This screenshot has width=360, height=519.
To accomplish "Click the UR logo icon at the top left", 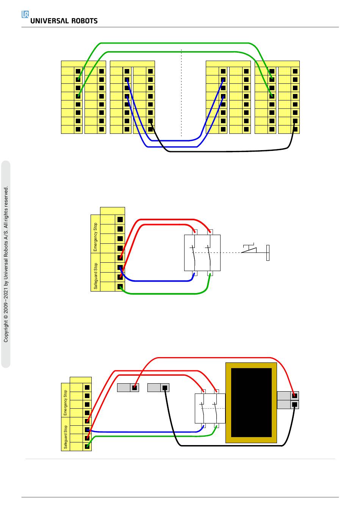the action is click(25, 14).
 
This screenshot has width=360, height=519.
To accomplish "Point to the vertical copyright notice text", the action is click(6, 264).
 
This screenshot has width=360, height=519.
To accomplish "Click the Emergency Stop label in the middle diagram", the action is click(95, 237).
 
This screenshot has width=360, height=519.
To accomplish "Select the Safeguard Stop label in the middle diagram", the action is click(95, 276).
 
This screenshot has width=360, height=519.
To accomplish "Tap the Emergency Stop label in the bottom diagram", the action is click(66, 403).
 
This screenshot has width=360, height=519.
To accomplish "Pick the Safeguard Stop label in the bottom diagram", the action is click(66, 437).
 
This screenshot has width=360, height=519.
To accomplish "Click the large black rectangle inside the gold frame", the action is click(251, 402).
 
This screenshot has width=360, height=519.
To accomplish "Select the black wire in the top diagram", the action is click(227, 151).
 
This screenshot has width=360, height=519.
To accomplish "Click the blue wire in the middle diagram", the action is click(159, 281).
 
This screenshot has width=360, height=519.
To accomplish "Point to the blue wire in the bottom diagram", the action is click(144, 432).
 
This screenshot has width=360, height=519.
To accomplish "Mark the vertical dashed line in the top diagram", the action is click(182, 95).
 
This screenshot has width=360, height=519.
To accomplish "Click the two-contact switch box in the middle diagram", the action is click(202, 252).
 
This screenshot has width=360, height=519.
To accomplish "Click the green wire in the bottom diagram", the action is click(152, 436).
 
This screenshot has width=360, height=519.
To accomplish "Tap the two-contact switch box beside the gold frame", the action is click(210, 408).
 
